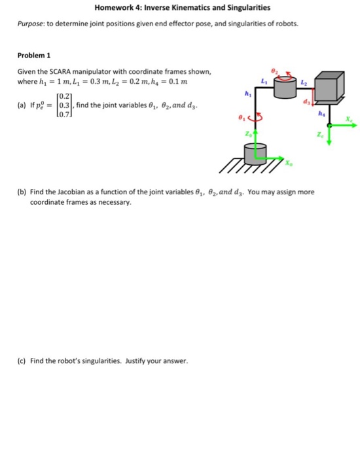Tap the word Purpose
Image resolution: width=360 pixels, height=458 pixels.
[x=30, y=24]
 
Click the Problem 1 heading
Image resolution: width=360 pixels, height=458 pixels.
[x=33, y=56]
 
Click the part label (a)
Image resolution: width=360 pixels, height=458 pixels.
[x=22, y=105]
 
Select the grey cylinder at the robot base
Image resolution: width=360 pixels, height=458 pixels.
[x=254, y=154]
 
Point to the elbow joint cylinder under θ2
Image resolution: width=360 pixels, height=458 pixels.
[x=285, y=87]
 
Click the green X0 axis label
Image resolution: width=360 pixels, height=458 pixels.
[x=289, y=162]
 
